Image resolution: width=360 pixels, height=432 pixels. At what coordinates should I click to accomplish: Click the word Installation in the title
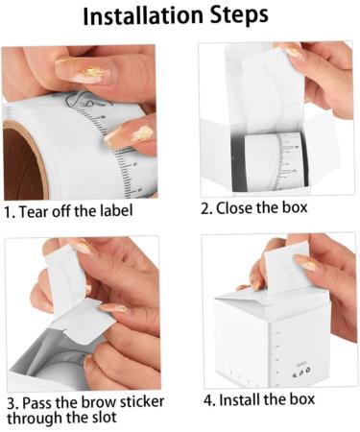143,15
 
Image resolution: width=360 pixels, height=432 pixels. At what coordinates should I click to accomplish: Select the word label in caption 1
116,210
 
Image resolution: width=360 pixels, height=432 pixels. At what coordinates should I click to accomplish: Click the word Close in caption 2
234,208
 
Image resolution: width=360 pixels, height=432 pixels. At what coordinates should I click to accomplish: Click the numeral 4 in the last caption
207,400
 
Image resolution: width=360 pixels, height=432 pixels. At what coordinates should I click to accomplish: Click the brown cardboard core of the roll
22,163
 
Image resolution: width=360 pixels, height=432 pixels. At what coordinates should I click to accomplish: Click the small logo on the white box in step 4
302,372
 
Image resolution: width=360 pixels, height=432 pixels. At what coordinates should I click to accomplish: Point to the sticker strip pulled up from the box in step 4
285,269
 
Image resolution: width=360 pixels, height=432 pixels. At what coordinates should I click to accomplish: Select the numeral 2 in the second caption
205,208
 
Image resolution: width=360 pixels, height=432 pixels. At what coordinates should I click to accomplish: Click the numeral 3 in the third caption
11,403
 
